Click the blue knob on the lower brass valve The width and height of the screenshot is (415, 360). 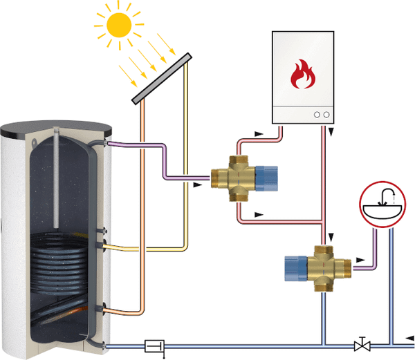tap(293, 267)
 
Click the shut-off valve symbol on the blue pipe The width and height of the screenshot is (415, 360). tap(360, 344)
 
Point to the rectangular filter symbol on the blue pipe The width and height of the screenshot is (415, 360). tap(153, 344)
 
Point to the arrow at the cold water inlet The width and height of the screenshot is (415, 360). tap(392, 338)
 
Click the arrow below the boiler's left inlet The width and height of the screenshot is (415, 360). tap(259, 131)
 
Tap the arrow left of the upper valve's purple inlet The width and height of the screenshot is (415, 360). tap(199, 184)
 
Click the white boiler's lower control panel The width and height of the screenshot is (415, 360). tap(302, 113)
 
